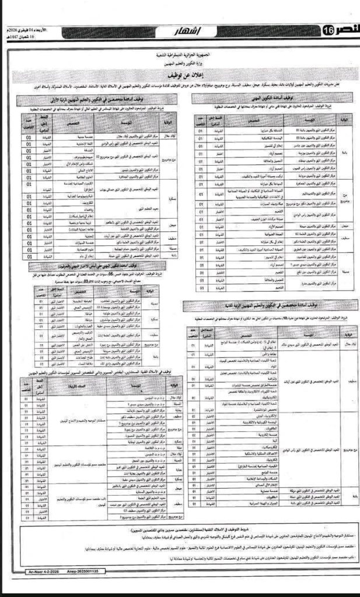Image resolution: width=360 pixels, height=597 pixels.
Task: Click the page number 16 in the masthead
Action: click(327, 30)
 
